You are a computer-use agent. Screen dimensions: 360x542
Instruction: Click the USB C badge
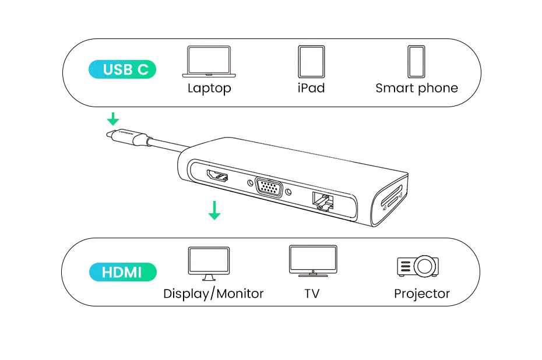tap(122, 70)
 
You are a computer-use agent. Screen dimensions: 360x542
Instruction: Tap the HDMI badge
tap(122, 272)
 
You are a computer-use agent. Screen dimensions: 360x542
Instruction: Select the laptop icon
tap(209, 61)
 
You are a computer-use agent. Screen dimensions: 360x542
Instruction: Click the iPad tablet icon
tap(311, 61)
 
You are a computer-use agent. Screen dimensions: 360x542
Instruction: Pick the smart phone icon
tap(416, 61)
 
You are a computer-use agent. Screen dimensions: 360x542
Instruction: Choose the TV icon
tap(313, 260)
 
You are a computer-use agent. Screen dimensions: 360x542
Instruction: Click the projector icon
tap(417, 266)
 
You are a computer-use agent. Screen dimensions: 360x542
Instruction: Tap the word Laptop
tap(209, 89)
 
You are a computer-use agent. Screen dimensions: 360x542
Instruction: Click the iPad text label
tap(311, 88)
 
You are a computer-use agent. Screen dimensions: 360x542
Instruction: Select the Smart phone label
tap(417, 89)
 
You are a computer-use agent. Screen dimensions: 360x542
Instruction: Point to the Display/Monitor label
tap(213, 294)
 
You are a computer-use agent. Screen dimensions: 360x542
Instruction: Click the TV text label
tap(312, 294)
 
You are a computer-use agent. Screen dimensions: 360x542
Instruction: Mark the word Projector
tap(422, 294)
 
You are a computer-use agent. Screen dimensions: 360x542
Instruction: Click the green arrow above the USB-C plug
tap(112, 119)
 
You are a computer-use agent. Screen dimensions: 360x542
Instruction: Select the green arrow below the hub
tap(214, 210)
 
